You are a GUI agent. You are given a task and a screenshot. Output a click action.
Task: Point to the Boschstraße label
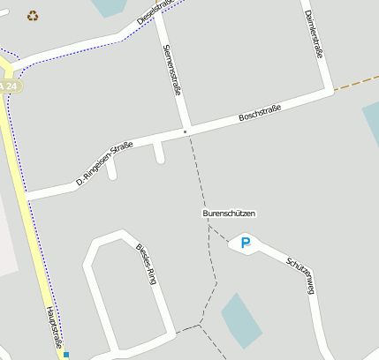point(260,114)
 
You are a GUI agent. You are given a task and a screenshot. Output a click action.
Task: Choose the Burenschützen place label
point(229,214)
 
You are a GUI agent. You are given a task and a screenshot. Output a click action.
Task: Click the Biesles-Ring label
point(145,261)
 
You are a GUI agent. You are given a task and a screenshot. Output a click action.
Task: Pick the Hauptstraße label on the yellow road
point(55,329)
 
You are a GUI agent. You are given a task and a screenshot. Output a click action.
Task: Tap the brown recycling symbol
point(33,15)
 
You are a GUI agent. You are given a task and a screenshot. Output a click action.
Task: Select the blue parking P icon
point(246,243)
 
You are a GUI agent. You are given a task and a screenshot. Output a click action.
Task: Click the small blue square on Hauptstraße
point(65,355)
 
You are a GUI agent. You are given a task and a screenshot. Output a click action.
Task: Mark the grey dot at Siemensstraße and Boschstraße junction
point(185,131)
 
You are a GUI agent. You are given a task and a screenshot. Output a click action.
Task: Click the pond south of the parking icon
point(240,319)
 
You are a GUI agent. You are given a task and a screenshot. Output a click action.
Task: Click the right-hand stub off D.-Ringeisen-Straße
point(159,154)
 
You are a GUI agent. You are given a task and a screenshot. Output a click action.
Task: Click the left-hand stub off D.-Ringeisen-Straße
point(111,169)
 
